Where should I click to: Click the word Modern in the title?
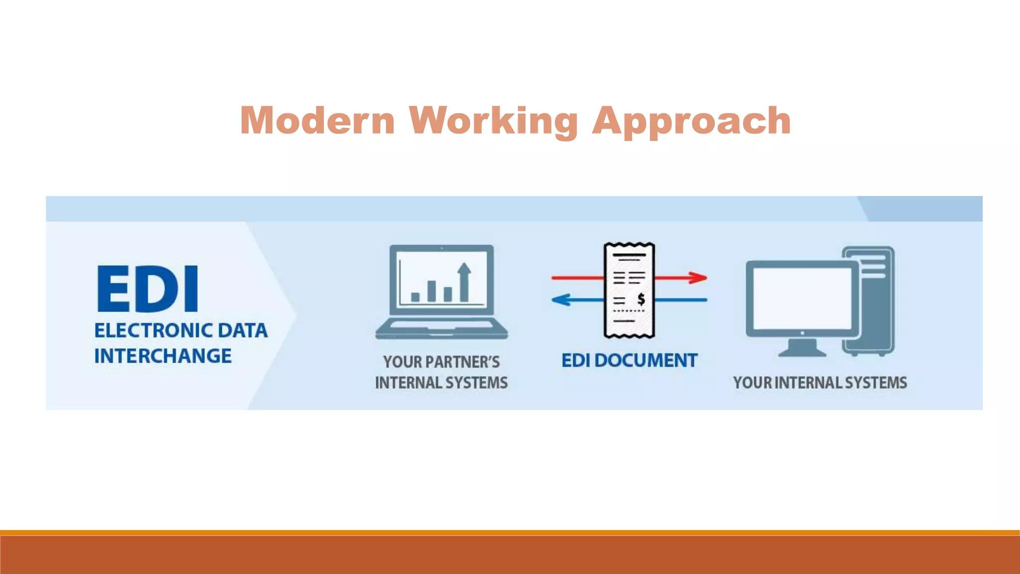click(x=317, y=121)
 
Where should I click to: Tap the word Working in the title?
click(x=493, y=121)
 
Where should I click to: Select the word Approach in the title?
click(x=691, y=121)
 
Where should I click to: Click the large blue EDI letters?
click(x=148, y=289)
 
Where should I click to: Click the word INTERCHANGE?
click(x=163, y=356)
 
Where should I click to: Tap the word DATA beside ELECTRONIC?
click(x=243, y=330)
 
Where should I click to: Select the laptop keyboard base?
click(x=441, y=329)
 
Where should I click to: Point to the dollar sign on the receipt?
click(x=641, y=299)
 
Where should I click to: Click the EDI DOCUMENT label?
click(x=629, y=360)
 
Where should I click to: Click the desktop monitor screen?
click(x=802, y=298)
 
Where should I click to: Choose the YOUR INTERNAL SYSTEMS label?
click(x=820, y=383)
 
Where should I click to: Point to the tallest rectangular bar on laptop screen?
click(x=432, y=291)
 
